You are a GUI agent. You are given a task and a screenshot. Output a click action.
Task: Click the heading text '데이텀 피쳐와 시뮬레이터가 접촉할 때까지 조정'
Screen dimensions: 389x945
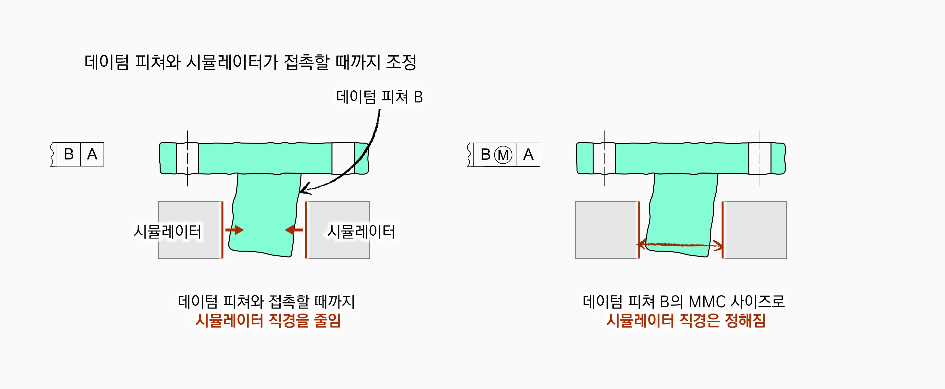pyautogui.click(x=250, y=62)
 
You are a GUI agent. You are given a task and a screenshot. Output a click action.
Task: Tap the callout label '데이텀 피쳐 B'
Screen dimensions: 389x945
pyautogui.click(x=379, y=97)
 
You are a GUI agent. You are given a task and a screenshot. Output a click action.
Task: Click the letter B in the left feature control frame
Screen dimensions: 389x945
pyautogui.click(x=69, y=154)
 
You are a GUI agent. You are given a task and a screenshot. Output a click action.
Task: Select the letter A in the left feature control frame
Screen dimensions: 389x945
pyautogui.click(x=92, y=154)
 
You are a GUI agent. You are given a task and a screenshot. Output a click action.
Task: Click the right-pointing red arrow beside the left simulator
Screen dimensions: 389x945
pyautogui.click(x=235, y=230)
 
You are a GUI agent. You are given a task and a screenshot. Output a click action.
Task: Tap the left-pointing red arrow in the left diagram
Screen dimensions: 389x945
pyautogui.click(x=294, y=230)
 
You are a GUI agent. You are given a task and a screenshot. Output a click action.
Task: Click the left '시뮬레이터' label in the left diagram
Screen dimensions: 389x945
pyautogui.click(x=167, y=232)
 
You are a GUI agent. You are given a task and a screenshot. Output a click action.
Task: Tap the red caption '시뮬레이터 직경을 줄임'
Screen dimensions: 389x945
pyautogui.click(x=268, y=320)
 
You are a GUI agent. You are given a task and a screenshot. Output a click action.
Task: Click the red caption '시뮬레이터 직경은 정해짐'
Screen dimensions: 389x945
pyautogui.click(x=686, y=320)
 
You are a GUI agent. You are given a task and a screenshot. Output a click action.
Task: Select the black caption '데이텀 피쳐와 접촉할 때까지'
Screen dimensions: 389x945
pyautogui.click(x=266, y=301)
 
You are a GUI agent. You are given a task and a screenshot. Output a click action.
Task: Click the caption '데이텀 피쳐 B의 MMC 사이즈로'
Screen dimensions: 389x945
pyautogui.click(x=684, y=301)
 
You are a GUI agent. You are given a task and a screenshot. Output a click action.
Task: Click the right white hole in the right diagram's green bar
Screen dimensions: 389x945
pyautogui.click(x=760, y=158)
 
